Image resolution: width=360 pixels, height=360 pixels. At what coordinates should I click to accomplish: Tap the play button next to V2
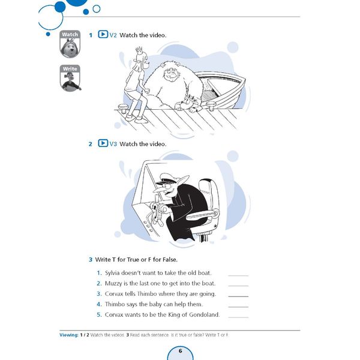[103, 35]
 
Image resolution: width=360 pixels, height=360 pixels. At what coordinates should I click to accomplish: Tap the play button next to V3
[103, 144]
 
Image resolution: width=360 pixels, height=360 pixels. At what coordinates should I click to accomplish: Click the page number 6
[180, 350]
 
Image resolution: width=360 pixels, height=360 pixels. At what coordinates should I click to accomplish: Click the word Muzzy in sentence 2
[115, 283]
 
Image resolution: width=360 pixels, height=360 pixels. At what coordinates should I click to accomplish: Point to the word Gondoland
[203, 314]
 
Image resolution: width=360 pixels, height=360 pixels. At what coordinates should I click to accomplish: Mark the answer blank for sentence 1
[238, 275]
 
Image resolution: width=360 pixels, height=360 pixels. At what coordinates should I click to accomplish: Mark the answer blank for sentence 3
[238, 296]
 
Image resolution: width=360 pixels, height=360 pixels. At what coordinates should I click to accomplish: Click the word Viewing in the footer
[69, 334]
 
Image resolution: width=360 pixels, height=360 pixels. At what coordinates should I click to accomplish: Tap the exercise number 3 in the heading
[90, 260]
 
